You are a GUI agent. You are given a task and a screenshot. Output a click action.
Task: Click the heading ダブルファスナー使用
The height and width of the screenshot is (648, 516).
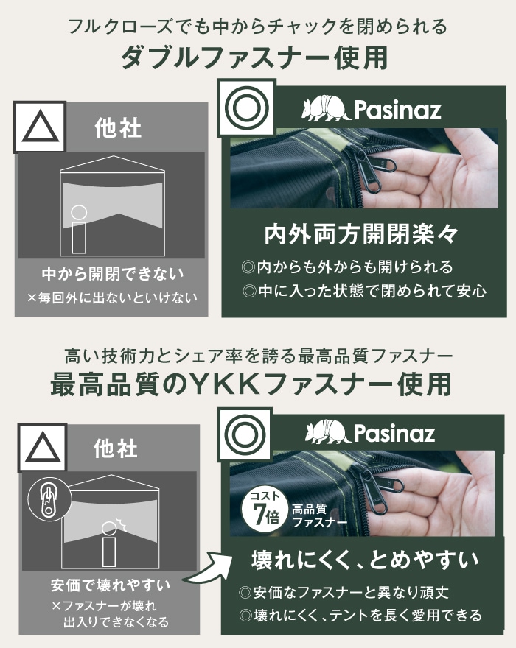254,57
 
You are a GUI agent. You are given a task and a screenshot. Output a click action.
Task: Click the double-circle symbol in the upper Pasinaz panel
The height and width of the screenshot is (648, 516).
247,108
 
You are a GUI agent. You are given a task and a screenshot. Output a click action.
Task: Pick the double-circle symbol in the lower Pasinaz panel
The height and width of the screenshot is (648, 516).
245,434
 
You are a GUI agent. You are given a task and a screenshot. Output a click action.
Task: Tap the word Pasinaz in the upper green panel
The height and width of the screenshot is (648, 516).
397,110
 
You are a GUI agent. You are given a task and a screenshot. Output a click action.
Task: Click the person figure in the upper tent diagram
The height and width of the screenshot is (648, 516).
79,229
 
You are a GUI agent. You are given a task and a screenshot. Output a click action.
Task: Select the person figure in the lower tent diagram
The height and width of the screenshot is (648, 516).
109,543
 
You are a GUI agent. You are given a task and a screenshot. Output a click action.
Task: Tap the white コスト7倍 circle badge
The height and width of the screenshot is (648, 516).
265,510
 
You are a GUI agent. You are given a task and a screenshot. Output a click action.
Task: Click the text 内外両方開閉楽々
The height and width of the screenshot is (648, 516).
361,234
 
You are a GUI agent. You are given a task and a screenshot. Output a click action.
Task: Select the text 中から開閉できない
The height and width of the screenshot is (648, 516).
113,274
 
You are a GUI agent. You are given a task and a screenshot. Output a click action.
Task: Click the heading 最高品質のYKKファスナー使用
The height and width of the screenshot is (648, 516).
251,384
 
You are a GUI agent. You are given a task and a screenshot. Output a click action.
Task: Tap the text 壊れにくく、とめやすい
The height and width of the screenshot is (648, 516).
365,560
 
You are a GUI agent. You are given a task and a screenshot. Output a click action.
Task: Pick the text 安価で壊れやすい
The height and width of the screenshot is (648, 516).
111,585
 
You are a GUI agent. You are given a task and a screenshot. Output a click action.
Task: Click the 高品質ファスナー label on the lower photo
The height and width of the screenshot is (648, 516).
319,515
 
